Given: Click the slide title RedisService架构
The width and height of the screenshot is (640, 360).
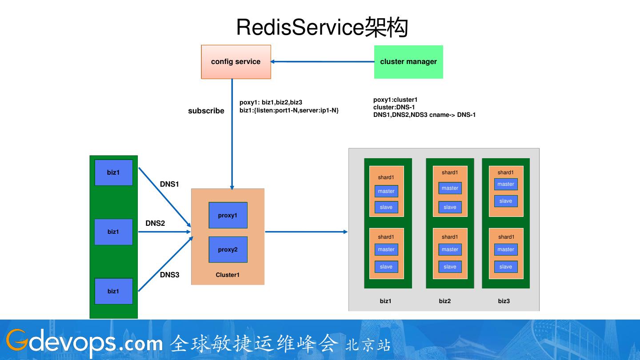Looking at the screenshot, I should coord(322,28).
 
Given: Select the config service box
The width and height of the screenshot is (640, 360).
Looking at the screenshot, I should coord(236,62).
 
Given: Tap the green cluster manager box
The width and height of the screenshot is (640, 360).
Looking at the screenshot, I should coord(408,62).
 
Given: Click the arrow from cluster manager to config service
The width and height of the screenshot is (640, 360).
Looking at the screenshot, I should coord(322,62).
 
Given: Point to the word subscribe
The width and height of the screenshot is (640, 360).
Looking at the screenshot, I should coord(206,111).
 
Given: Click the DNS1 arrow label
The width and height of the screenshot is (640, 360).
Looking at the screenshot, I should coord(169,184).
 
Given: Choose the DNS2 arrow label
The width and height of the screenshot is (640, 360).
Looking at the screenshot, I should coord(155,223).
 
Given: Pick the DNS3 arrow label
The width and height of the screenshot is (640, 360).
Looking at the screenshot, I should coord(169,275).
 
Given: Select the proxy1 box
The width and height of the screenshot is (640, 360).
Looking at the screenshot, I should coord(228,216).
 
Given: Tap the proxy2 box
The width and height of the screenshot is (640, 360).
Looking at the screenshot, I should coord(228,250).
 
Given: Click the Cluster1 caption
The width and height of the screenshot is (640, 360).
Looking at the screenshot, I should coord(228,275).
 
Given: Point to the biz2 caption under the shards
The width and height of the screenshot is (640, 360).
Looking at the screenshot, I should coord(445,301).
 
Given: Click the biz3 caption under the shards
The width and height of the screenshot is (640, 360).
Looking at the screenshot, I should coord(504,301).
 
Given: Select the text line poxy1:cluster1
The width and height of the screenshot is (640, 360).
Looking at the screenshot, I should coord(396,100).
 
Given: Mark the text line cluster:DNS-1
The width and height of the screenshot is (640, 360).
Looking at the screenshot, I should coord(394,107).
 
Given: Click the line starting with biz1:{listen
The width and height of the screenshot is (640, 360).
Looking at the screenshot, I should coord(289,110).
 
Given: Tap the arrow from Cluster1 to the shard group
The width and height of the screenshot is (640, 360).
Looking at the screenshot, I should coord(307,232).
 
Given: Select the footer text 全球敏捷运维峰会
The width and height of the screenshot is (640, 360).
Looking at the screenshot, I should coord(254,344).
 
